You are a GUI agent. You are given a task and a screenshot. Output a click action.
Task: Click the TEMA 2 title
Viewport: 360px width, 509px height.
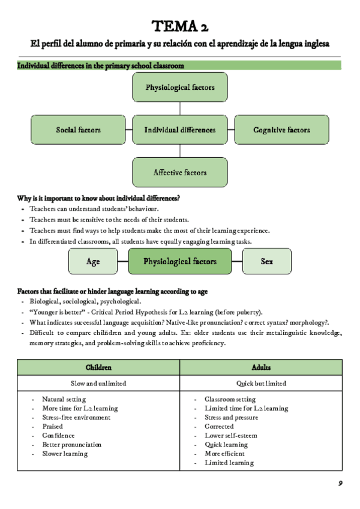tap(180, 26)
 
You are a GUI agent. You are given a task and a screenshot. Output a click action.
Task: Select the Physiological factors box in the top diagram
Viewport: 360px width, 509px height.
tap(180, 87)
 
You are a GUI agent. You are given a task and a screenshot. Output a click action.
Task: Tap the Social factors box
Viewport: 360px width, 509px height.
tap(78, 130)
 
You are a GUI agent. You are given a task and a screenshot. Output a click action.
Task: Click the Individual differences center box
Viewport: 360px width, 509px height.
tap(180, 130)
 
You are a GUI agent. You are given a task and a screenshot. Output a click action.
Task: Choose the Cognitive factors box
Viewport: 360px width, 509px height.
tap(281, 130)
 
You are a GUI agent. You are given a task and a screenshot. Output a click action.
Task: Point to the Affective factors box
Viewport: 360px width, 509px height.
tap(180, 172)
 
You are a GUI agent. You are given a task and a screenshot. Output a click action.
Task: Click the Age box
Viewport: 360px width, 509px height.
tap(93, 261)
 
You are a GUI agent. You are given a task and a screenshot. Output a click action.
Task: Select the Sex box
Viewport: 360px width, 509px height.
tap(267, 261)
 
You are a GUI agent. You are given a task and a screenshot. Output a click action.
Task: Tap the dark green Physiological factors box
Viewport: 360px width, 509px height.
tap(180, 261)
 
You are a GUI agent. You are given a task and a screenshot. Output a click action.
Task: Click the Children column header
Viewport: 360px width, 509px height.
tap(99, 367)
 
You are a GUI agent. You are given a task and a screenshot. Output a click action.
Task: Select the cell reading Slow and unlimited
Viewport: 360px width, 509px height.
tap(99, 383)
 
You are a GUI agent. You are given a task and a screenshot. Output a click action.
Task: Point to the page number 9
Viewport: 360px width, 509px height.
tap(340, 483)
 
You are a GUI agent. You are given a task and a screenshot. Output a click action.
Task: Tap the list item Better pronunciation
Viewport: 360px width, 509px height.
tap(71, 445)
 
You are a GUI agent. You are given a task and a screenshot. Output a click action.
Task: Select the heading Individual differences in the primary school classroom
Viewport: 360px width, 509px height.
tap(100, 65)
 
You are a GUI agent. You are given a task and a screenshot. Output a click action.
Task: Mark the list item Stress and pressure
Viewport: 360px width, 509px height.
tap(231, 418)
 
